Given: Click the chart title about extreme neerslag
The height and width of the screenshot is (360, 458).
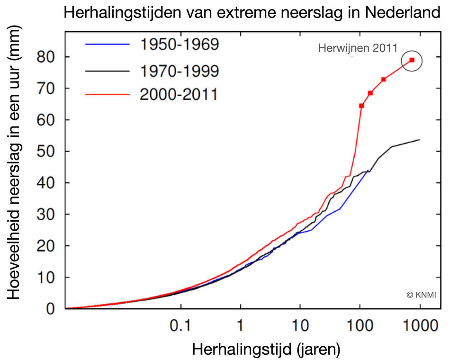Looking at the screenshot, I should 252,12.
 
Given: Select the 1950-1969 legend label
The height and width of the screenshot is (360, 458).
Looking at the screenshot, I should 180,45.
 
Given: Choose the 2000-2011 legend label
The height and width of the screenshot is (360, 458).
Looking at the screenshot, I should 179,95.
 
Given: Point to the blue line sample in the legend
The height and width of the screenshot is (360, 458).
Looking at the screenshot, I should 107,45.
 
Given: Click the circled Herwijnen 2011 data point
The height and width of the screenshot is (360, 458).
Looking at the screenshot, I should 412,60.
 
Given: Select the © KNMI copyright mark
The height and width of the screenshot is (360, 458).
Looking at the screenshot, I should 421,295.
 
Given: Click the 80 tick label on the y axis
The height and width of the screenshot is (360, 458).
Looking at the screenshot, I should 46,57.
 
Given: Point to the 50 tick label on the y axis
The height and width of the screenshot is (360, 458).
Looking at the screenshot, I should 46,152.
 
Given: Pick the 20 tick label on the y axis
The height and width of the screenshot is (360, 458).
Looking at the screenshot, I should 46,246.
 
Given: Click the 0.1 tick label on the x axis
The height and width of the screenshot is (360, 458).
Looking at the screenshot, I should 180,327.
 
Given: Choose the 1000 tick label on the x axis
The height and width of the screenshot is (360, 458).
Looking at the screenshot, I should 420,327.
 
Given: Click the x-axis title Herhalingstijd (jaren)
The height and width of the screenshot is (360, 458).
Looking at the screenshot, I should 266,350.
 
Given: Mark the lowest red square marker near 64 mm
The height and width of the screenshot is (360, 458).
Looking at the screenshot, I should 361,106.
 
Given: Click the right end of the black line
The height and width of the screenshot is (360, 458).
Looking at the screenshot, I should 420,140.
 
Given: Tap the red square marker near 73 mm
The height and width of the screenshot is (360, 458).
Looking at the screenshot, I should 383,79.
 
